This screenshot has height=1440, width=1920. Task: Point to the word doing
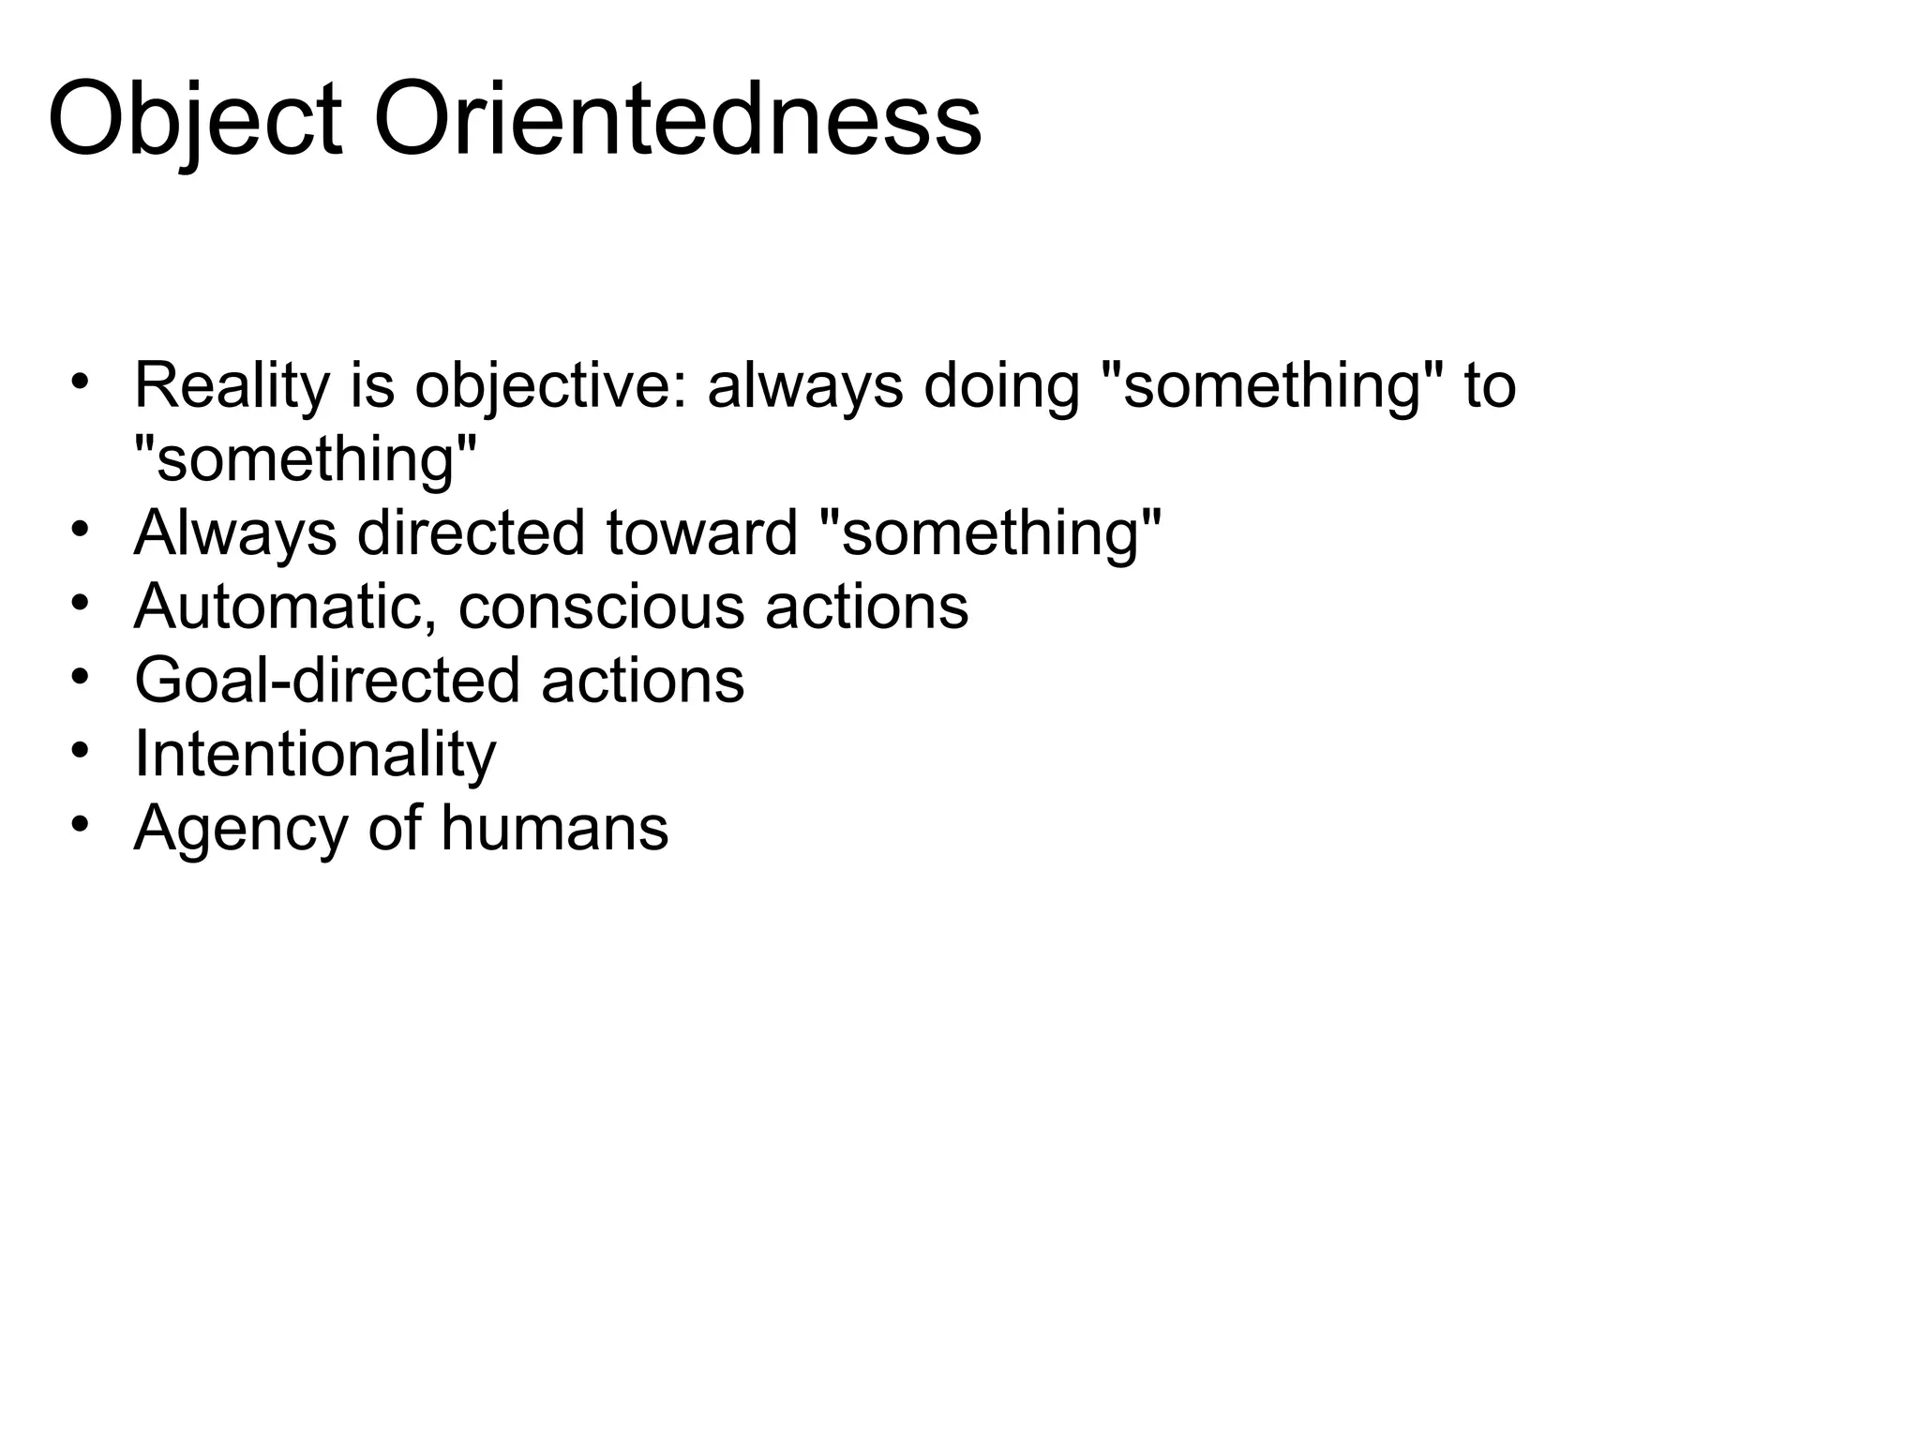pyautogui.click(x=1001, y=386)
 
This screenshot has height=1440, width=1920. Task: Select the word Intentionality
pyautogui.click(x=315, y=754)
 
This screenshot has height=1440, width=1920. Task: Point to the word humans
pyautogui.click(x=554, y=829)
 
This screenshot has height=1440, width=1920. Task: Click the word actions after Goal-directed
pyautogui.click(x=642, y=681)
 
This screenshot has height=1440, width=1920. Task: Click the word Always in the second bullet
pyautogui.click(x=235, y=533)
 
